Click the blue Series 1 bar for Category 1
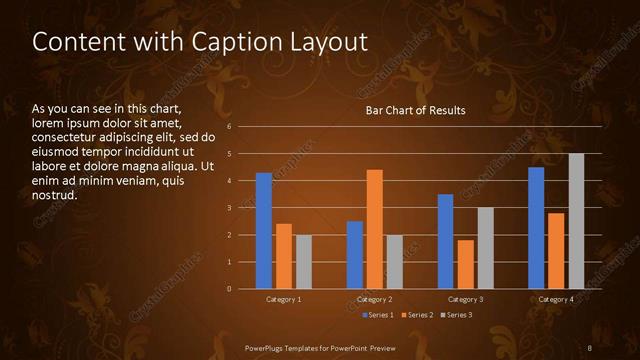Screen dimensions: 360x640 (264, 231)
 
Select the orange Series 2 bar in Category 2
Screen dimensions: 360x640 (375, 229)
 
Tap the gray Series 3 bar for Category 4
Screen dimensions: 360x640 (576, 221)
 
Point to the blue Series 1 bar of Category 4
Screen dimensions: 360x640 (536, 228)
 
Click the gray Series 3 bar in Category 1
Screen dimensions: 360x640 (303, 262)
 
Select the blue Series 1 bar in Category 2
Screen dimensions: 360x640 (355, 255)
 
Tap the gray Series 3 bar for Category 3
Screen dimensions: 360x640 (485, 248)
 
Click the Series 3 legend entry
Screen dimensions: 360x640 (455, 315)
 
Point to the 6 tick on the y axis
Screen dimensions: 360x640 (230, 127)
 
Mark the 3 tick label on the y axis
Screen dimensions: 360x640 (230, 208)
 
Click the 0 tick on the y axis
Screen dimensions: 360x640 (230, 289)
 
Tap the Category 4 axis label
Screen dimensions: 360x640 (556, 300)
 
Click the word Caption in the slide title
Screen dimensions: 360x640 (210, 42)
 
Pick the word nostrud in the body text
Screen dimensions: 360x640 (54, 195)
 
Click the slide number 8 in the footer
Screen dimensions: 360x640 (590, 347)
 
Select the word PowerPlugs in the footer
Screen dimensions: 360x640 (267, 347)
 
